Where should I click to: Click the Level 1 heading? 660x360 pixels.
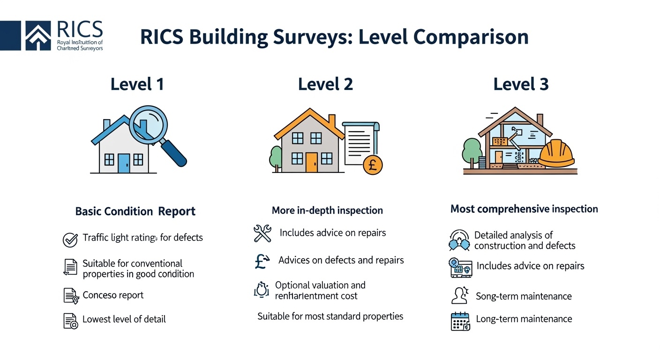pyautogui.click(x=137, y=84)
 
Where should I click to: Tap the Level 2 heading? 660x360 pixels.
pyautogui.click(x=325, y=84)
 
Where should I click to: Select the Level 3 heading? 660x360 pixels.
pyautogui.click(x=521, y=84)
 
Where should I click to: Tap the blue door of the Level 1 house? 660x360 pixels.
pyautogui.click(x=124, y=163)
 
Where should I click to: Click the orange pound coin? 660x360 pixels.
pyautogui.click(x=373, y=165)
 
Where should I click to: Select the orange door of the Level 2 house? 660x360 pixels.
pyautogui.click(x=311, y=162)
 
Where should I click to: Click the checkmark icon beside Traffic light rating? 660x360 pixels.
pyautogui.click(x=70, y=240)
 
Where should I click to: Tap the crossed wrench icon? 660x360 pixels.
pyautogui.click(x=262, y=233)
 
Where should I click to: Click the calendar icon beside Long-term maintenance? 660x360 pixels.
pyautogui.click(x=460, y=322)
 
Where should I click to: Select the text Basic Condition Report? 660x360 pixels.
pyautogui.click(x=135, y=211)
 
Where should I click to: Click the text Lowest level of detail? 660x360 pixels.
pyautogui.click(x=124, y=319)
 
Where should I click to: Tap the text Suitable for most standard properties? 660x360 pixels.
pyautogui.click(x=330, y=316)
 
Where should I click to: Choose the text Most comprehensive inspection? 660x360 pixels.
pyautogui.click(x=524, y=209)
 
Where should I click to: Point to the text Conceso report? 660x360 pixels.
pyautogui.click(x=113, y=295)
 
